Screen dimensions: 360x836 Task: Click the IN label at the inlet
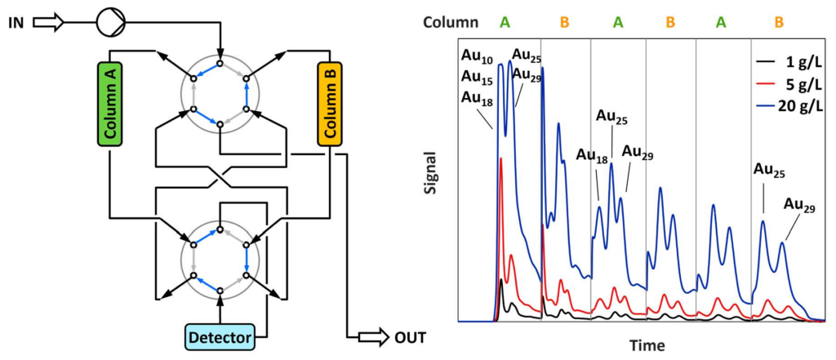16,22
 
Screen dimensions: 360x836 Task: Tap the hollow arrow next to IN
47,22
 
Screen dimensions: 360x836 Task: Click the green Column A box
109,104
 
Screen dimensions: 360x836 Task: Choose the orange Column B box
330,104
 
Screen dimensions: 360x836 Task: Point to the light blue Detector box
220,336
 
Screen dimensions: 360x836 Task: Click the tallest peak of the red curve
500,159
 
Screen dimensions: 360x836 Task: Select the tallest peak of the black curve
500,280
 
